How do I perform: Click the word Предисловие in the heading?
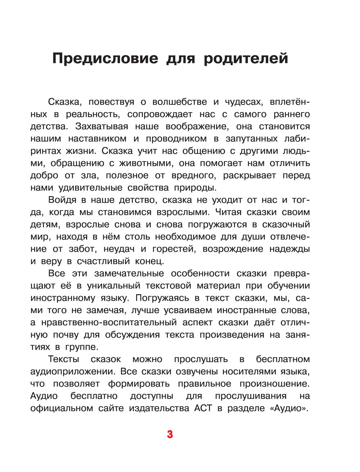coord(105,58)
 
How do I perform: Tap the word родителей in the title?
coord(246,58)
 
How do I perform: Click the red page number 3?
coord(170,434)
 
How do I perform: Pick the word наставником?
coord(97,139)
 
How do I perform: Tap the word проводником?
coord(176,139)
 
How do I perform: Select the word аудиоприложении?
coord(72,371)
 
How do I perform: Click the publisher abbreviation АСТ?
coord(203,408)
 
